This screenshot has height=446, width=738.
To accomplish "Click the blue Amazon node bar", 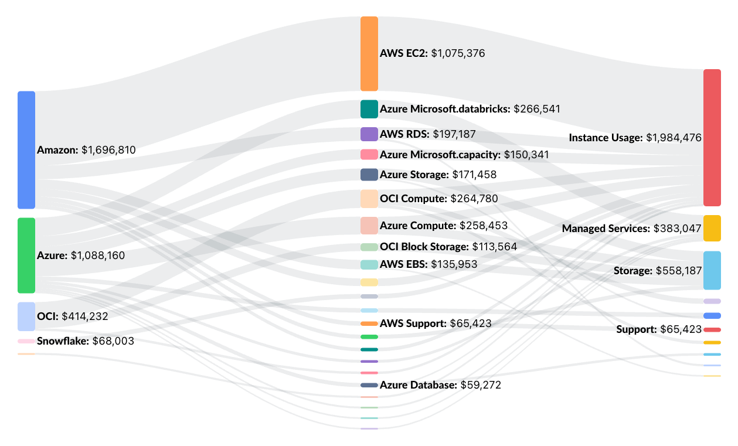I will pyautogui.click(x=26, y=149).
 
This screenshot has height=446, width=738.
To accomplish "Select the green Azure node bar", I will pyautogui.click(x=26, y=255).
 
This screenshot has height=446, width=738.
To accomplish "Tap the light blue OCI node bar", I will pyautogui.click(x=26, y=316).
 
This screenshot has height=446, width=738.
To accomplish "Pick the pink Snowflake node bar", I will pyautogui.click(x=26, y=341).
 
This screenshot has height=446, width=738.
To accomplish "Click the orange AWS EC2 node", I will pyautogui.click(x=369, y=53).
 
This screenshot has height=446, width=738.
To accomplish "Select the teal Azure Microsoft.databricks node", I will pyautogui.click(x=369, y=109).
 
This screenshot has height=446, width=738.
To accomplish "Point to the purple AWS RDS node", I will pyautogui.click(x=369, y=134).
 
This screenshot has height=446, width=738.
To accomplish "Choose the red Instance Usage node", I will pyautogui.click(x=712, y=138).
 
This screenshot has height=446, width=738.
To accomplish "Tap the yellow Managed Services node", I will pyautogui.click(x=712, y=228).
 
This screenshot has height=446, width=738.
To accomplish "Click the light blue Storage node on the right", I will pyautogui.click(x=712, y=270).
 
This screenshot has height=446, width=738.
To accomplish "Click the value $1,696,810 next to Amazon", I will pyautogui.click(x=108, y=150).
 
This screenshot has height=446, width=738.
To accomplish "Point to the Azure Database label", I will pyautogui.click(x=418, y=385).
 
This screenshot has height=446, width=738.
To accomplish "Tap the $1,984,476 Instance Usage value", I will pyautogui.click(x=674, y=138).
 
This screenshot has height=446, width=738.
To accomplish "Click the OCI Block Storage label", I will pyautogui.click(x=424, y=247).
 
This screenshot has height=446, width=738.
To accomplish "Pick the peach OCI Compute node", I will pyautogui.click(x=369, y=199).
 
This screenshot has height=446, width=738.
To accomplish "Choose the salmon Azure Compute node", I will pyautogui.click(x=369, y=226).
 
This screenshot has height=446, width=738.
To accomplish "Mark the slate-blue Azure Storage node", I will pyautogui.click(x=369, y=175).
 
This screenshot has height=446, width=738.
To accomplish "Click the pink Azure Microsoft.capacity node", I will pyautogui.click(x=369, y=155).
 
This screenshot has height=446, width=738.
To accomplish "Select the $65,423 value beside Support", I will pyautogui.click(x=681, y=329).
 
